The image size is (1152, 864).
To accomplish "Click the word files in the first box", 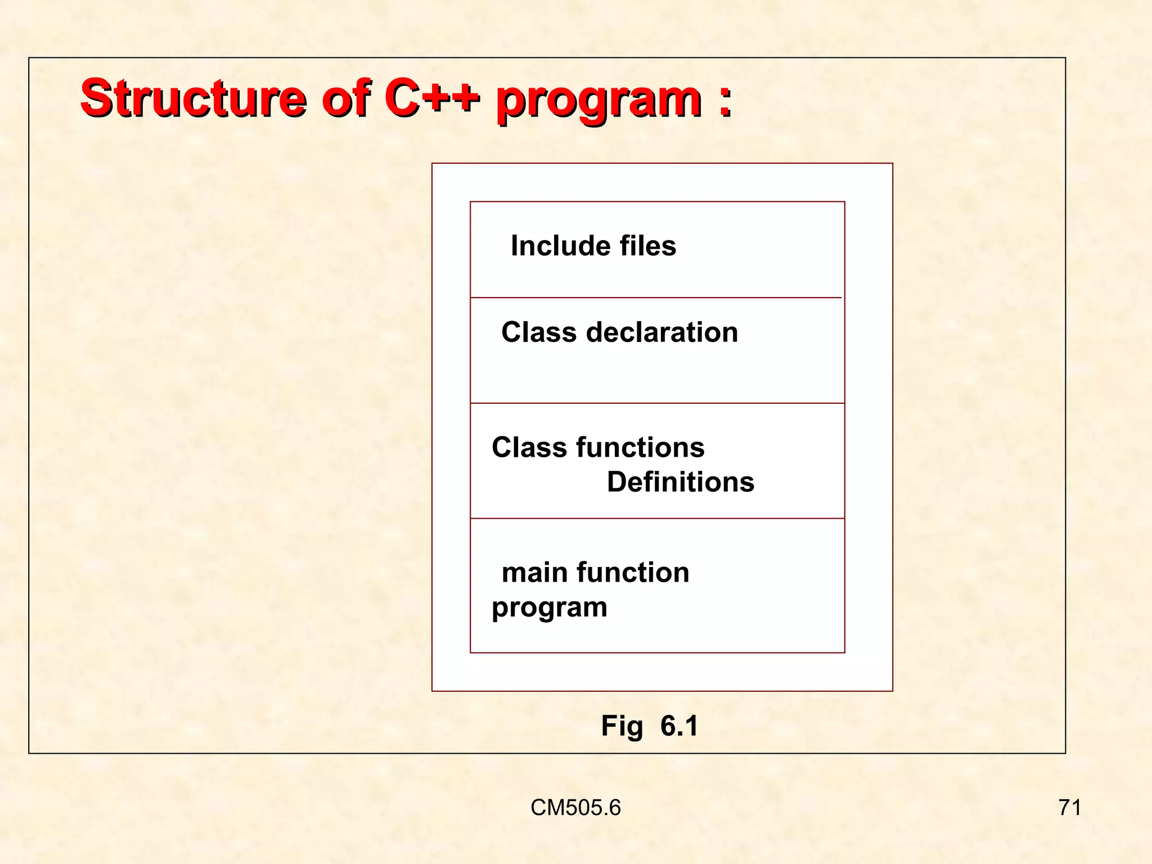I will pyautogui.click(x=647, y=246).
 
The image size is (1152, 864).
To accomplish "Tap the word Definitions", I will pyautogui.click(x=680, y=482).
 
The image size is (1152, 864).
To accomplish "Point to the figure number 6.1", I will pyautogui.click(x=679, y=726).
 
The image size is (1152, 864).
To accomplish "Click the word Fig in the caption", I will pyautogui.click(x=622, y=726).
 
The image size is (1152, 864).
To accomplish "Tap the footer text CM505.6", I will pyautogui.click(x=575, y=808).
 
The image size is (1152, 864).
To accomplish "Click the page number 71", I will pyautogui.click(x=1069, y=808).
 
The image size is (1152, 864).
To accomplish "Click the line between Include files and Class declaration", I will pyautogui.click(x=656, y=298).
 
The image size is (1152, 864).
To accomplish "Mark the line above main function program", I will pyautogui.click(x=657, y=518).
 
